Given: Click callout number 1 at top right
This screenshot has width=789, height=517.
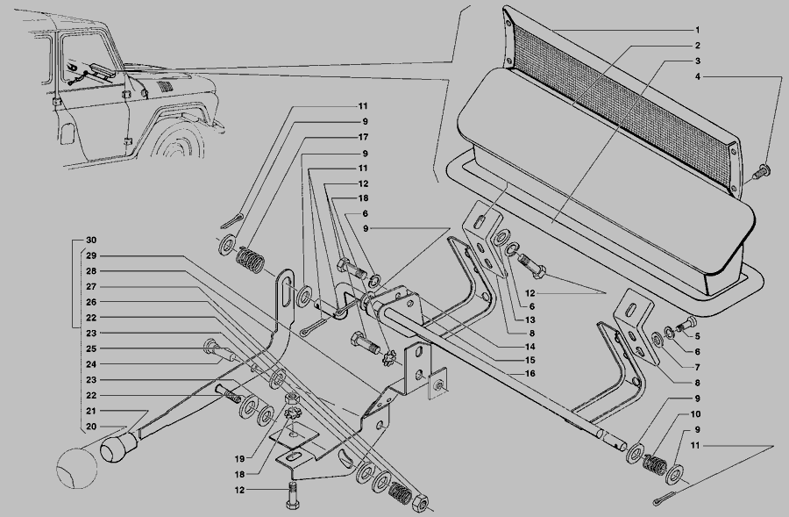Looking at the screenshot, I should [x=697, y=30].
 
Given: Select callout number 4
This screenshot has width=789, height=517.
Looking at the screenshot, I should [x=697, y=77].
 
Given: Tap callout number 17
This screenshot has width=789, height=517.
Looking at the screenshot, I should [x=362, y=137].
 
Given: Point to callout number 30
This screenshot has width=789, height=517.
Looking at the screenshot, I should [x=90, y=240].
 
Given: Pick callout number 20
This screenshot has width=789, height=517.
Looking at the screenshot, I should [x=90, y=427].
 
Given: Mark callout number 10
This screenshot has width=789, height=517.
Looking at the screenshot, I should [x=695, y=413].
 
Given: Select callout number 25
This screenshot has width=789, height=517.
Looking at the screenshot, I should [x=90, y=349].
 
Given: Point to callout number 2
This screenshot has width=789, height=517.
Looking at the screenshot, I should [x=697, y=46].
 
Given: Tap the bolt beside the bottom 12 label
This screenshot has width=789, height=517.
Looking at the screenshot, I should [x=292, y=494].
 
